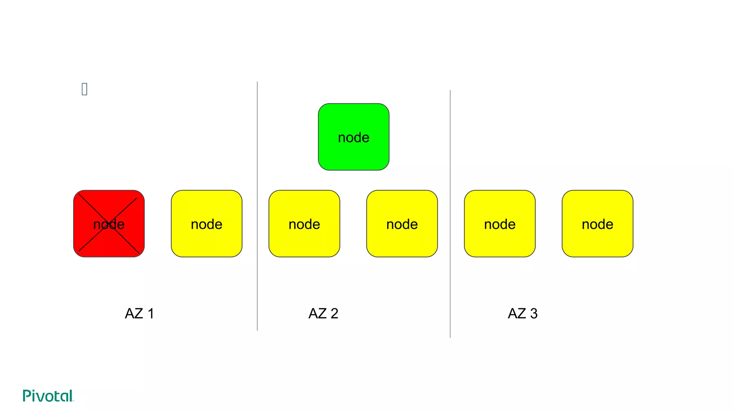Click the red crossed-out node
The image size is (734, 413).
109,224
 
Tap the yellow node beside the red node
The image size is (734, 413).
206,224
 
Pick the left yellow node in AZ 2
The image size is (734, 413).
304,224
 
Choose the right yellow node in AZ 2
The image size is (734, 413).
402,224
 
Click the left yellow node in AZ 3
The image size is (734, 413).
500,224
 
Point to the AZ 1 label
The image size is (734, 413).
139,314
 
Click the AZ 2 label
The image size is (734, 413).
323,314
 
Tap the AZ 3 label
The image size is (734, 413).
523,314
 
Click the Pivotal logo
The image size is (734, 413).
48,396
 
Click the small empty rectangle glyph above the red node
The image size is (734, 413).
85,89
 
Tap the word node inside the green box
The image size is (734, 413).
353,138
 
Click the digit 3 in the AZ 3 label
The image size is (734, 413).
534,314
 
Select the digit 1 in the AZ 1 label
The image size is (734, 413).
151,314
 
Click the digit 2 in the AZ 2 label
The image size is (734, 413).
334,314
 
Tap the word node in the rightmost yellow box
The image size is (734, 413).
597,224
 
